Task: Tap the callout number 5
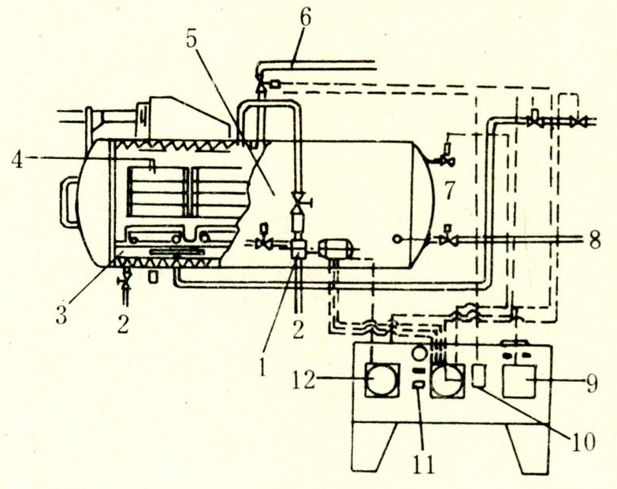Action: pos(192,42)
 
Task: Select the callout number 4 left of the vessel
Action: pos(17,160)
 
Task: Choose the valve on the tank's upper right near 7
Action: pos(447,161)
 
